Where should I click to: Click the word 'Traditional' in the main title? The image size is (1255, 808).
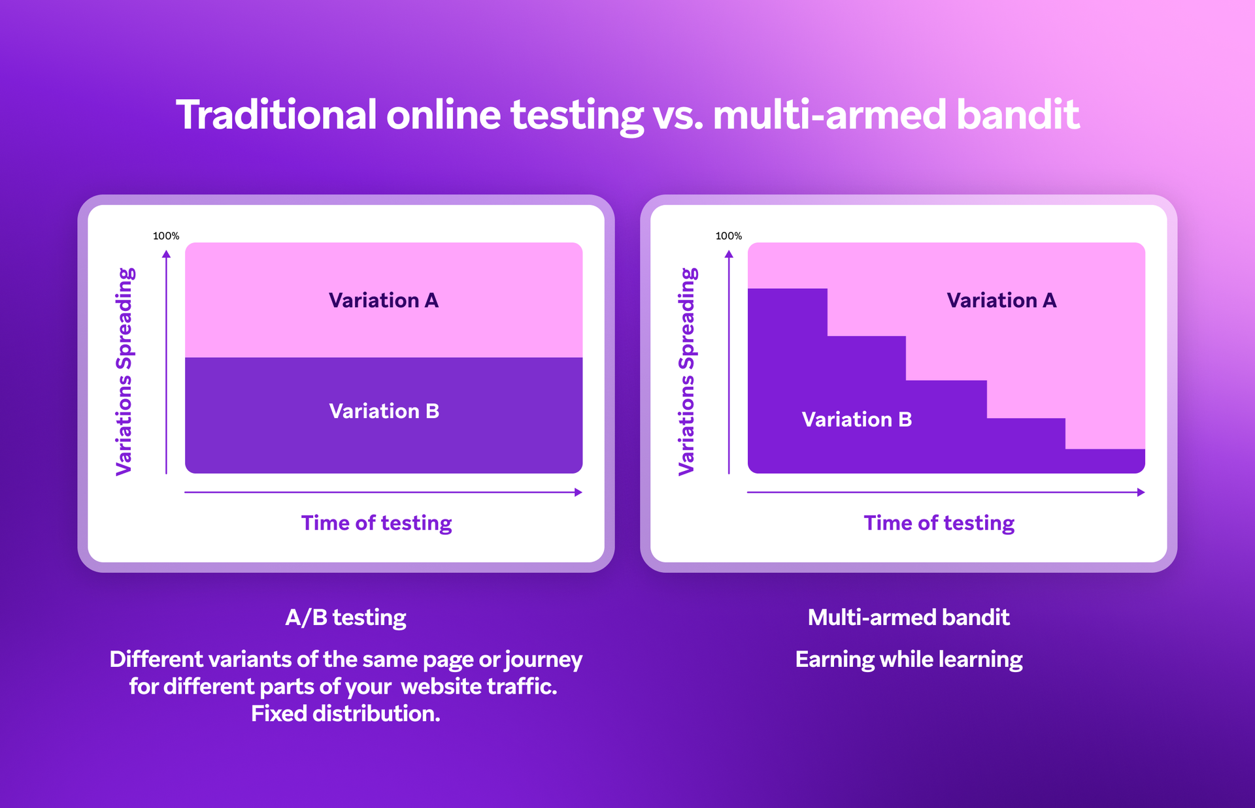(x=276, y=115)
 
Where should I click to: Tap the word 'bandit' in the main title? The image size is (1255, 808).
(x=1018, y=115)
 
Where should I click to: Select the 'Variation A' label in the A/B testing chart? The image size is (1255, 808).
(x=384, y=300)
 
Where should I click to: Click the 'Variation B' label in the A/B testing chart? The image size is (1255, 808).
(x=384, y=411)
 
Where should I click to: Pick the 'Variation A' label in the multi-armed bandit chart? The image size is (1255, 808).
(x=1001, y=300)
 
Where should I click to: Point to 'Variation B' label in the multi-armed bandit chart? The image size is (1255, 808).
(x=856, y=419)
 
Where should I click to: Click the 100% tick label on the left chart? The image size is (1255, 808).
(x=166, y=236)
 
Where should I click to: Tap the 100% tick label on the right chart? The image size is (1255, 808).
(x=729, y=236)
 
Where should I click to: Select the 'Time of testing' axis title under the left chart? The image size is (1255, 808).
(x=376, y=523)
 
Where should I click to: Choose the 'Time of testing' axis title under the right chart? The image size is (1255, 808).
(x=939, y=523)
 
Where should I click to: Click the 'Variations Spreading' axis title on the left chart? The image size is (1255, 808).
(x=124, y=371)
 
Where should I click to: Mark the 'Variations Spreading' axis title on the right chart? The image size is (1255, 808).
(x=687, y=371)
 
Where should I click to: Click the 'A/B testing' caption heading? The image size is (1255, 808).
(x=346, y=617)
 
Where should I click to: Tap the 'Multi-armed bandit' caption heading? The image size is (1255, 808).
(x=909, y=617)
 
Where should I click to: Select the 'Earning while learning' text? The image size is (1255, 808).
(x=909, y=659)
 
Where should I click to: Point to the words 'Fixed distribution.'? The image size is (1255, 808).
(x=346, y=713)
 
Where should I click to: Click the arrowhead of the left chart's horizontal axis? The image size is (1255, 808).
(x=578, y=493)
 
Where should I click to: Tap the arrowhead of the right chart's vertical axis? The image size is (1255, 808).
(x=729, y=254)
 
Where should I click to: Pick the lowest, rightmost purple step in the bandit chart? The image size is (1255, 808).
(x=1105, y=461)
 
